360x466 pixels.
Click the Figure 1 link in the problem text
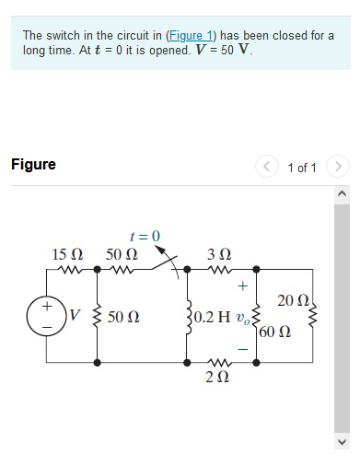[x=190, y=36]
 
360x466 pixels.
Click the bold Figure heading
[x=33, y=165]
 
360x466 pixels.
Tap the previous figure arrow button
[x=267, y=167]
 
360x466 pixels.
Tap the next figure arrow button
[x=339, y=167]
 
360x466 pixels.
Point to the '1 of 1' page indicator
[x=302, y=168]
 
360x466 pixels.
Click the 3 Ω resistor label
[x=219, y=252]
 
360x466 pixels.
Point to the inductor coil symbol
[x=188, y=317]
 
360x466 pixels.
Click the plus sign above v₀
[x=242, y=286]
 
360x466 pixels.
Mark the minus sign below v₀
[x=242, y=349]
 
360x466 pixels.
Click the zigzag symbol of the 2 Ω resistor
[x=219, y=362]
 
